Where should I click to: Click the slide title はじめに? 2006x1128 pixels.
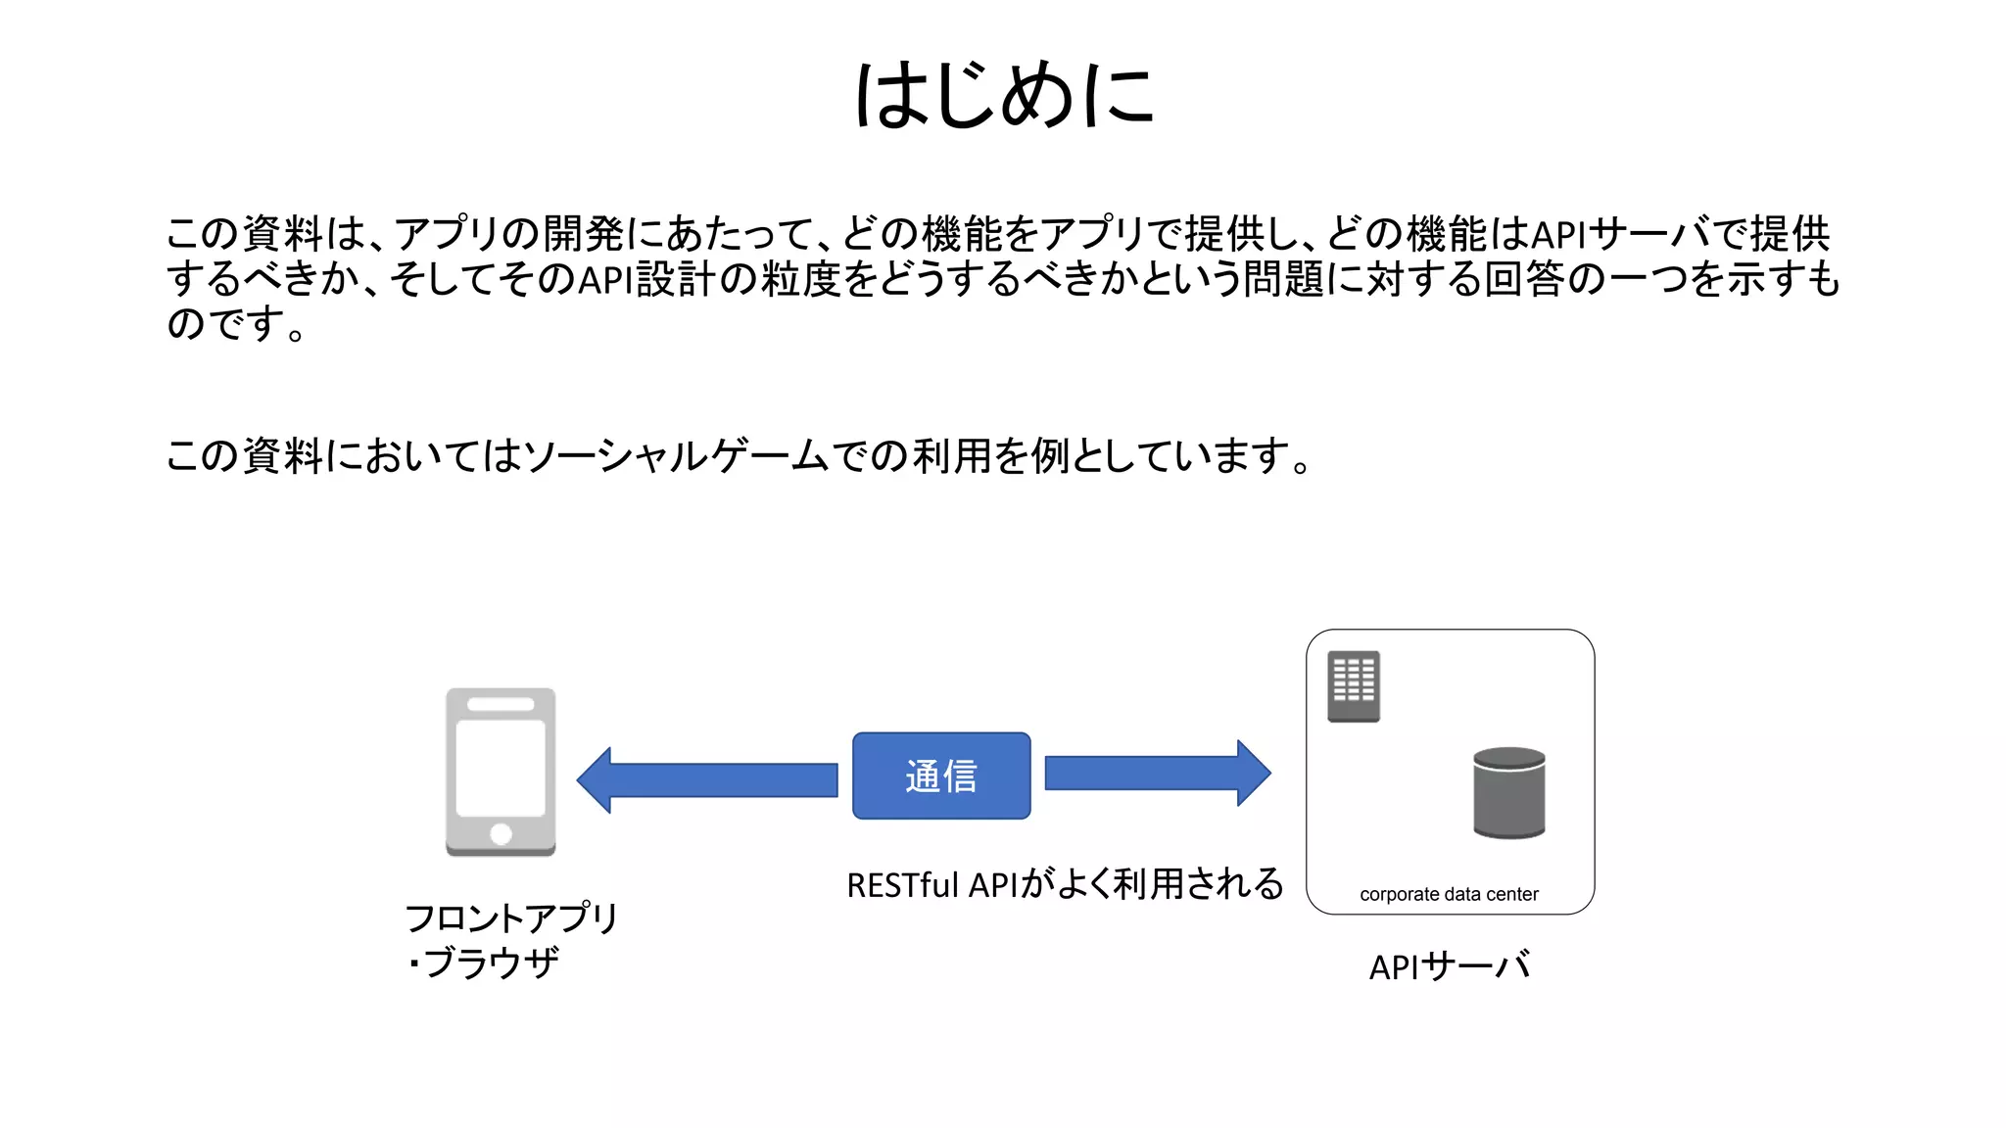1004,95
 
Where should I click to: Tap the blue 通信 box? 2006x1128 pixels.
941,775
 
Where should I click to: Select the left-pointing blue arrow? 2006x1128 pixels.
706,780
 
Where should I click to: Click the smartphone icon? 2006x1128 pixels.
501,772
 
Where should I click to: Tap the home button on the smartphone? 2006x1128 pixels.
501,834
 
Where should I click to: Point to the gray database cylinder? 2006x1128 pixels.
1508,792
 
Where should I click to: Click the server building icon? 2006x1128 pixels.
1354,686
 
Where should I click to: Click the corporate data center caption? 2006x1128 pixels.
1449,894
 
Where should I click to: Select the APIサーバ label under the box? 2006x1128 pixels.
1450,966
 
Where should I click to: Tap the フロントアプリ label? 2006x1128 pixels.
511,918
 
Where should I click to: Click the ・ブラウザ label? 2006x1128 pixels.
483,963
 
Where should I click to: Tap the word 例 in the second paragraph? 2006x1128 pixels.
1050,456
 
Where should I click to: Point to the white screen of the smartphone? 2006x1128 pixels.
501,768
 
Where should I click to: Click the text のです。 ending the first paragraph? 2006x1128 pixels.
236,323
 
